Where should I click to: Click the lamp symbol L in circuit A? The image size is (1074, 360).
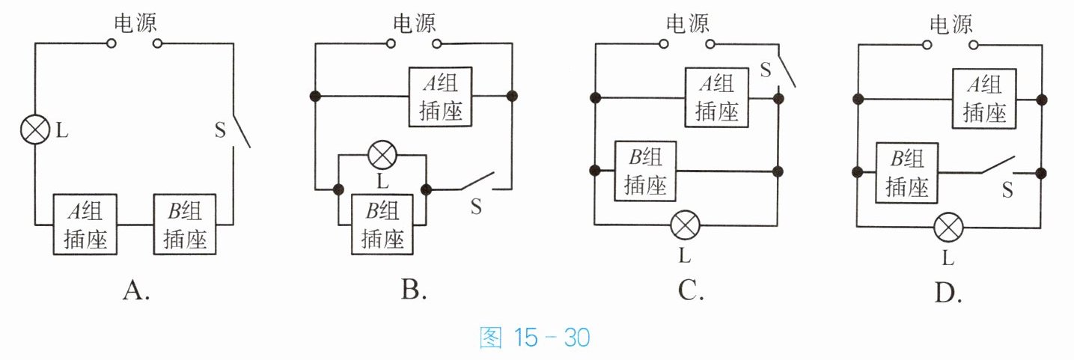(35, 129)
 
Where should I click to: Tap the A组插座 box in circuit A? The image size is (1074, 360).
(85, 225)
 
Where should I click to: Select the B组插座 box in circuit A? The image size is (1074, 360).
(185, 225)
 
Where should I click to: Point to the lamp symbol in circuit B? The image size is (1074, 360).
(382, 155)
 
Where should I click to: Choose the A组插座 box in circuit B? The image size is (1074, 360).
(440, 97)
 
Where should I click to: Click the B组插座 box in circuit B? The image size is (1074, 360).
(382, 225)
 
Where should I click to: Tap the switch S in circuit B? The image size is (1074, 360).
(477, 182)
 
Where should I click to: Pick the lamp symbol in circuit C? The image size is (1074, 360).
(685, 225)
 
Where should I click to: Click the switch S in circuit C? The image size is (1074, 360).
(787, 72)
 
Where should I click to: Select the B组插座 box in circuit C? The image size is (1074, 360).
(645, 171)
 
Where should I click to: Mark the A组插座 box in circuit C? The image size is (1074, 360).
(717, 97)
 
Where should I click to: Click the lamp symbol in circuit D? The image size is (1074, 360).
(948, 228)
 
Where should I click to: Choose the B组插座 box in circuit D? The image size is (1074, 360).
(906, 173)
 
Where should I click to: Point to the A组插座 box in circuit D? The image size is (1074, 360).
(984, 99)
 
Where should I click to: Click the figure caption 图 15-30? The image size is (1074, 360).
(535, 338)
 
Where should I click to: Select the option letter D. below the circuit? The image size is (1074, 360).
(948, 293)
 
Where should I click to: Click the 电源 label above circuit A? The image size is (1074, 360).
(135, 23)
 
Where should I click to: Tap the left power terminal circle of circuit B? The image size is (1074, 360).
(391, 44)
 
